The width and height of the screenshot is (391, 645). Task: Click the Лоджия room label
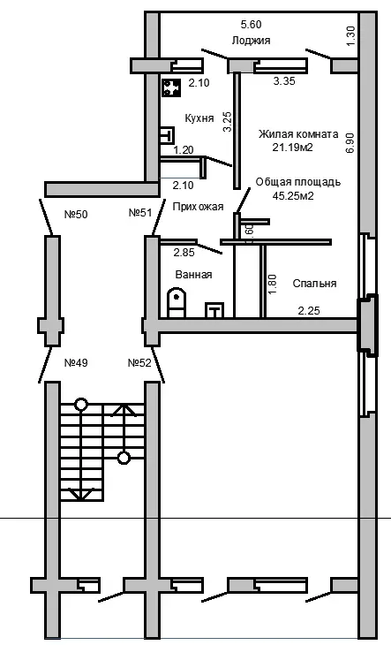click(x=251, y=41)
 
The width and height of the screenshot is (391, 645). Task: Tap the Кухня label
click(x=199, y=118)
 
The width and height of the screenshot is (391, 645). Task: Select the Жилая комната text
click(x=298, y=134)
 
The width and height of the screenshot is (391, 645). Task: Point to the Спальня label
click(x=314, y=284)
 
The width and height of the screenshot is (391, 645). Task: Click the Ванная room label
click(x=193, y=275)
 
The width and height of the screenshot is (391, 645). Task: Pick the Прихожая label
click(x=198, y=207)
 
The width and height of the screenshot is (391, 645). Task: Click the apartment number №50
click(x=76, y=215)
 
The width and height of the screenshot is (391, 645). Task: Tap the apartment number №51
click(x=140, y=212)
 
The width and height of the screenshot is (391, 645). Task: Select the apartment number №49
click(x=76, y=363)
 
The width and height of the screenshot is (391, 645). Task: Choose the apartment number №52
click(x=139, y=363)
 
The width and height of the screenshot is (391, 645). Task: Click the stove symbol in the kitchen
click(x=171, y=87)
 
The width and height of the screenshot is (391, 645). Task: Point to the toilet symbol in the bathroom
click(x=177, y=302)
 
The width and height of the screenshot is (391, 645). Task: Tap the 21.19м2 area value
click(x=292, y=148)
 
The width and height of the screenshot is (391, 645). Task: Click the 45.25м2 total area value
click(x=293, y=195)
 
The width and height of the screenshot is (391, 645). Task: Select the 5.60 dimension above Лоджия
click(x=251, y=25)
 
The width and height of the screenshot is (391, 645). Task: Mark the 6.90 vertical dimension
click(x=350, y=143)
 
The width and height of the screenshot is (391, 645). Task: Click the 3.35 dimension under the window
click(x=284, y=81)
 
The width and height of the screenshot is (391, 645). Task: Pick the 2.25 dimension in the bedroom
click(x=309, y=310)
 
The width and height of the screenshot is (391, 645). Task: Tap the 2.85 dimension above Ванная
click(x=184, y=252)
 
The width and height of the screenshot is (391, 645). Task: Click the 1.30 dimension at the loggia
click(x=350, y=36)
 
